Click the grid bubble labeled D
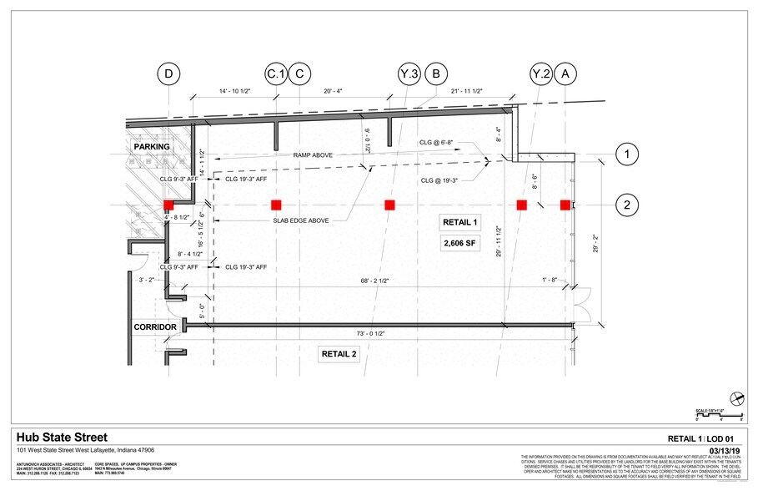[169, 75]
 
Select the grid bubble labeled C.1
[276, 75]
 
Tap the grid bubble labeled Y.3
[409, 75]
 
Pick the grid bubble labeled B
[435, 75]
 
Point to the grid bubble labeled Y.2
[542, 75]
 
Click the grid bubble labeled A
[567, 75]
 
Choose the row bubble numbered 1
[627, 154]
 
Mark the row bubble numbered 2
[627, 205]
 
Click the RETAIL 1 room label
[460, 222]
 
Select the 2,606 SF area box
[460, 243]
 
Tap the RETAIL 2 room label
[339, 354]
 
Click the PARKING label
[153, 147]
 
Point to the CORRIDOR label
[156, 327]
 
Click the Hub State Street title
[62, 438]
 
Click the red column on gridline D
[168, 205]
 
